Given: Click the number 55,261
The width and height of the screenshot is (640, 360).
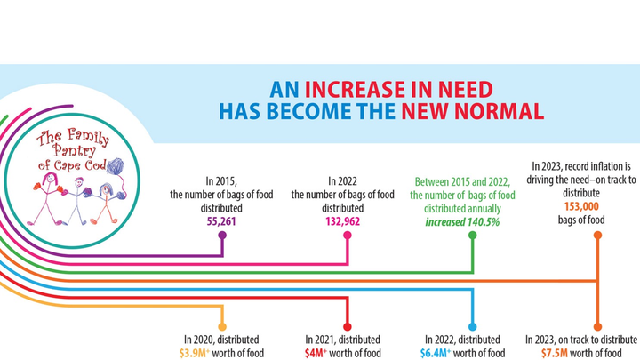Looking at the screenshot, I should tap(221, 217).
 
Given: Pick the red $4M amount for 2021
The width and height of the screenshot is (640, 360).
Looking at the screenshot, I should tap(316, 353).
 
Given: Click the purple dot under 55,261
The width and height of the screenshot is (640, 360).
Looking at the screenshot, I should tap(221, 236).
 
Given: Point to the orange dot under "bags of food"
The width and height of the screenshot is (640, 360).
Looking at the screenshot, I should tap(597, 236).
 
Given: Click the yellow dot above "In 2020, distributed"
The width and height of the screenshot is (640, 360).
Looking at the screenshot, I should tap(221, 326).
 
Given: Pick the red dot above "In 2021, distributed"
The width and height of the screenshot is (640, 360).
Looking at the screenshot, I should tap(348, 326).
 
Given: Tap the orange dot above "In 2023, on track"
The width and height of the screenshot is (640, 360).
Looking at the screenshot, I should tap(597, 326).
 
